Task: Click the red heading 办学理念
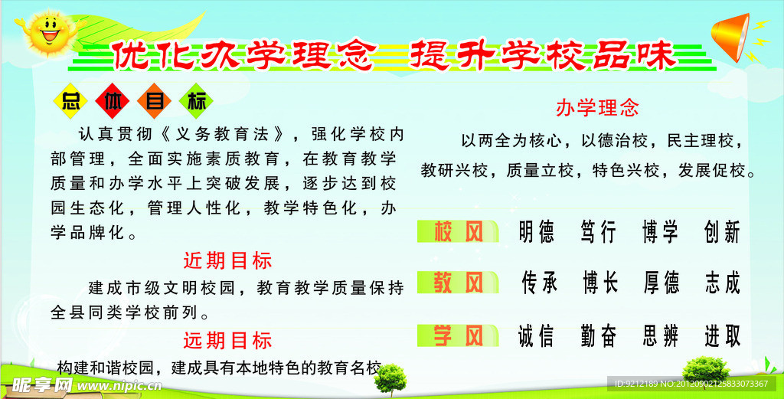[x=597, y=107]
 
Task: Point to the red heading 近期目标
[x=227, y=260]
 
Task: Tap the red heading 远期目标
[x=227, y=340]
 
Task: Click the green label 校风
[x=458, y=231]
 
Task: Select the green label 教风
[x=458, y=283]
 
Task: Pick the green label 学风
[x=458, y=335]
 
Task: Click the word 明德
[x=537, y=232]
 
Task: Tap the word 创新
[x=721, y=232]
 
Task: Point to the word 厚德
[x=661, y=283]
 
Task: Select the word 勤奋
[x=599, y=336]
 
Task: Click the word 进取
[x=722, y=336]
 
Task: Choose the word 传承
[x=539, y=283]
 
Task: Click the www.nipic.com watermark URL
[x=119, y=385]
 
